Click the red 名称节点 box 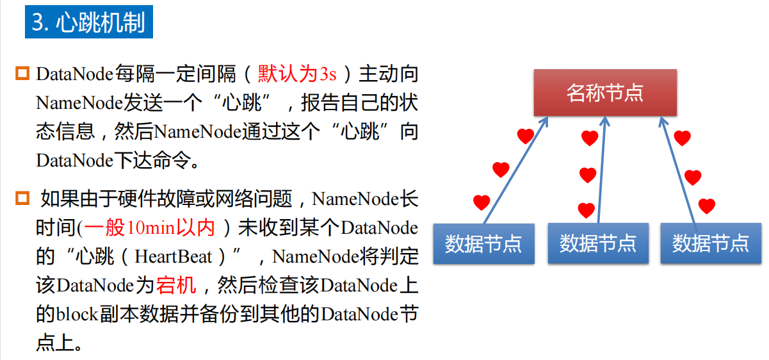point(604,93)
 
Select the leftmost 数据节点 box point(483,243)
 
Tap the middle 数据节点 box point(598,243)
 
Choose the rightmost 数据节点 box point(711,243)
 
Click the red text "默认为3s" point(297,74)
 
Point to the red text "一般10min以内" point(157,228)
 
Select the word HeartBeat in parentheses point(173,257)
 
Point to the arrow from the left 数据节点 point(515,170)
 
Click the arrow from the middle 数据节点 point(602,170)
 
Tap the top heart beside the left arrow point(525,136)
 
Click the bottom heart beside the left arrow point(482,202)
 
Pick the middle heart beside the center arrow point(587,174)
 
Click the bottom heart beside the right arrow point(706,206)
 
